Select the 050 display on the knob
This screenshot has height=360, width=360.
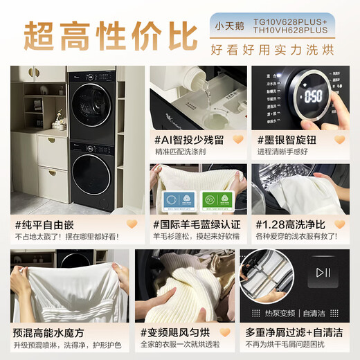tap(313, 95)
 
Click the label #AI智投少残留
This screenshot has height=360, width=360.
tap(186, 139)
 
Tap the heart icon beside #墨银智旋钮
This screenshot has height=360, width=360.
tap(339, 139)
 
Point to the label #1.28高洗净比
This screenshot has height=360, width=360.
tap(291, 224)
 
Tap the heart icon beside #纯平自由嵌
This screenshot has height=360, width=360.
tap(128, 224)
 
